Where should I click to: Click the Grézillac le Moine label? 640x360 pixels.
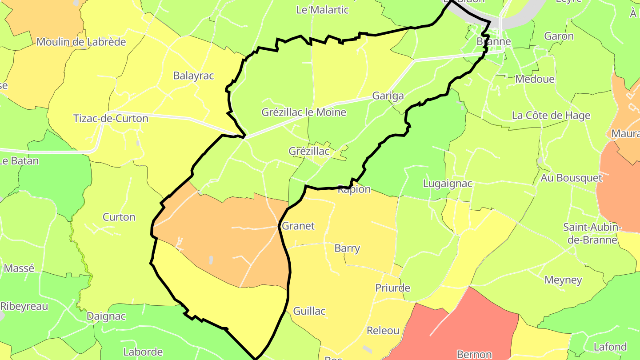click(x=304, y=112)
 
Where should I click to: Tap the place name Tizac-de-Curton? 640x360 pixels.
click(x=111, y=119)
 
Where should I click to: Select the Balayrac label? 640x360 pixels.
click(x=193, y=76)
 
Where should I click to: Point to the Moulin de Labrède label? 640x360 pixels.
click(x=81, y=42)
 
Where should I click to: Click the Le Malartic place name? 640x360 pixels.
click(x=322, y=10)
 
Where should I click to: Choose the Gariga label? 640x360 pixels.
click(x=388, y=96)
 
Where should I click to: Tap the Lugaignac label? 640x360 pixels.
click(x=448, y=184)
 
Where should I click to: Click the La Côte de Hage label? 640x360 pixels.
click(x=551, y=116)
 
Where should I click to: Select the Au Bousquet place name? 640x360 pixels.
click(x=572, y=178)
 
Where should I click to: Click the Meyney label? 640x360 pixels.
click(x=563, y=280)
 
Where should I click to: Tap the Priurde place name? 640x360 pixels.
click(x=392, y=288)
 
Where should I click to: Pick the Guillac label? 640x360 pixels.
click(x=309, y=311)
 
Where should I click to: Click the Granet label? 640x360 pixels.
click(x=298, y=226)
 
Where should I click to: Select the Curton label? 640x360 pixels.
click(x=119, y=217)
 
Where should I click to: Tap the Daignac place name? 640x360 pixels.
click(x=106, y=316)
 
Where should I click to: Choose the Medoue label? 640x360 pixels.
click(x=535, y=79)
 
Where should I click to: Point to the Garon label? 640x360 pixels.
click(x=559, y=36)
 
